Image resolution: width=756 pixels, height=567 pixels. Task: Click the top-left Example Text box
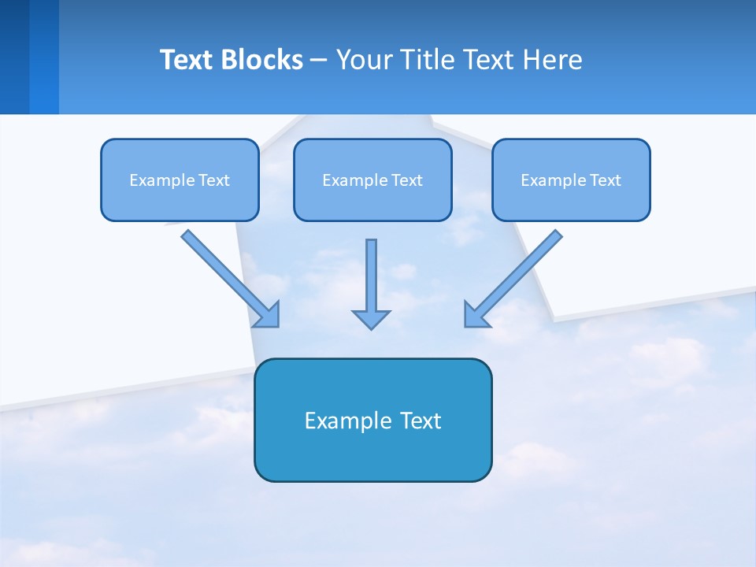click(180, 180)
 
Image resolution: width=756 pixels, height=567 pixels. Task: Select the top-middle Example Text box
click(372, 180)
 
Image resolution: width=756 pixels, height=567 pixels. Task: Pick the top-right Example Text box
click(571, 180)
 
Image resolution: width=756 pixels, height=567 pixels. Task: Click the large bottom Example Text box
click(372, 420)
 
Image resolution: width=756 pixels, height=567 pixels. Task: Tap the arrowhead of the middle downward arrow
click(371, 319)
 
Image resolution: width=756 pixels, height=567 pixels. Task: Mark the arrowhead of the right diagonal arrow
click(476, 315)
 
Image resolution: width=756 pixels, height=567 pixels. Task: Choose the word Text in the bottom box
click(421, 421)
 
